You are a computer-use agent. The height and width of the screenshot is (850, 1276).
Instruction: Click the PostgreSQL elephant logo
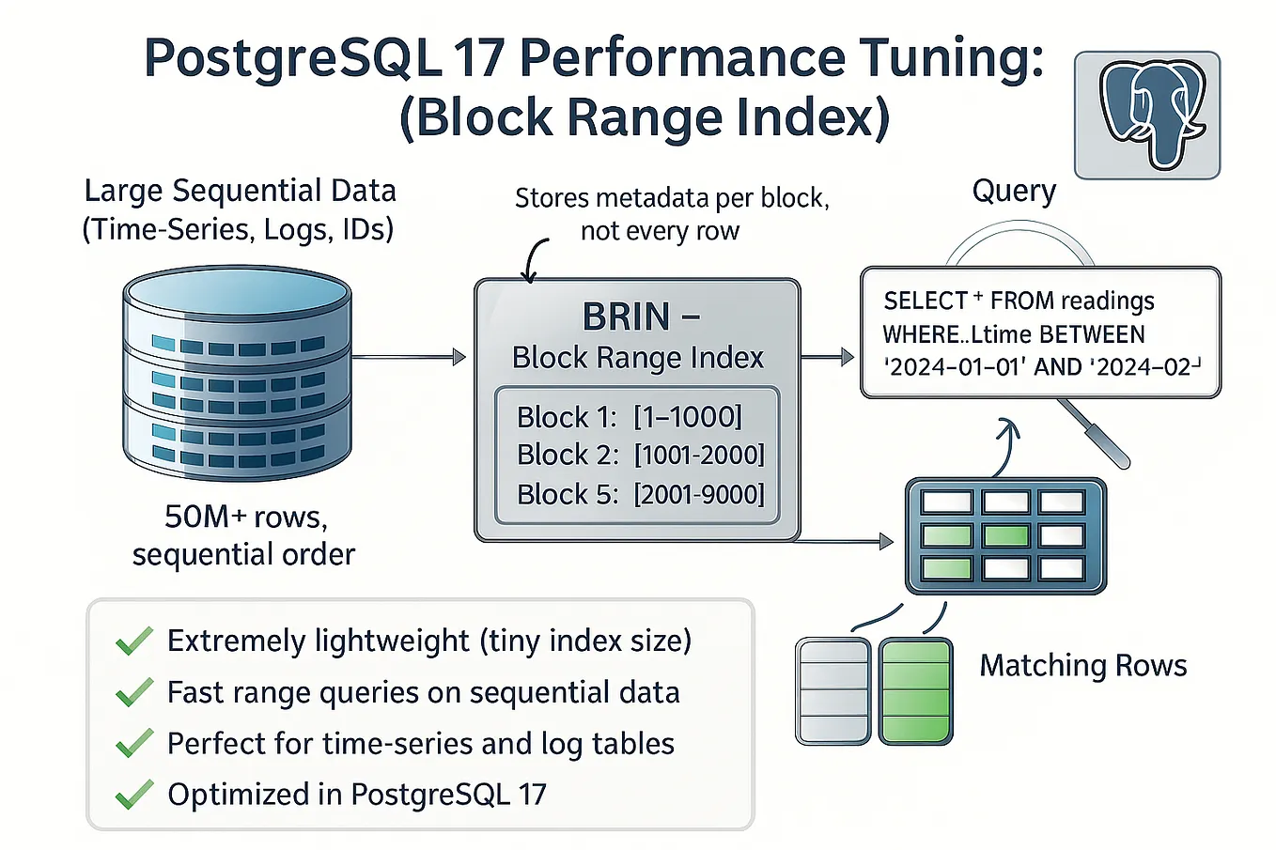click(1146, 115)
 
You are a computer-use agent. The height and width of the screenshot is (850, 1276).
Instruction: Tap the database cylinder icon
click(237, 373)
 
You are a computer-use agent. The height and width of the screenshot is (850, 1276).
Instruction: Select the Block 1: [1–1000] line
click(629, 417)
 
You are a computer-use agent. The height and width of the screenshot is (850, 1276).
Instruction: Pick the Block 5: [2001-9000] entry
click(640, 494)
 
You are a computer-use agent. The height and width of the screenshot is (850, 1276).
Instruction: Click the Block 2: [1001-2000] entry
click(640, 456)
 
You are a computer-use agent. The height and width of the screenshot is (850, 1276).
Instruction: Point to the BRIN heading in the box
click(627, 317)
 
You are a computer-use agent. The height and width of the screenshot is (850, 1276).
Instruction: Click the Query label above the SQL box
click(1013, 191)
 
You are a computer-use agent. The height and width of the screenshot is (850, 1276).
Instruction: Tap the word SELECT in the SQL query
click(925, 301)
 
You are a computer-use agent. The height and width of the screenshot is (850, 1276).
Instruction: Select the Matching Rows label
click(1082, 666)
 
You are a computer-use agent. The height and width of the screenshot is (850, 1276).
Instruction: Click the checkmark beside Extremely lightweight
click(134, 641)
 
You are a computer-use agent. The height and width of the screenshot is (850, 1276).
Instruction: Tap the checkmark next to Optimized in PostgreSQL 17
click(134, 795)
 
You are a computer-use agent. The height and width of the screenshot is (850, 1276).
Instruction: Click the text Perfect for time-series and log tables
click(420, 744)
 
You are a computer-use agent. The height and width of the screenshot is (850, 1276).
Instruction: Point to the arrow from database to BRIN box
click(409, 357)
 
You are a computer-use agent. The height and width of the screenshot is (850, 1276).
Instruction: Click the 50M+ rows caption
click(245, 518)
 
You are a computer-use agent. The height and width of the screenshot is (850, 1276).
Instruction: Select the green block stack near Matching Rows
click(915, 691)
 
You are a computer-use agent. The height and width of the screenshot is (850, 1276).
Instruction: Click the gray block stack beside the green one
click(833, 691)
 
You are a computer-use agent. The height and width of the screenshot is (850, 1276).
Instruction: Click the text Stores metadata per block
click(671, 199)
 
